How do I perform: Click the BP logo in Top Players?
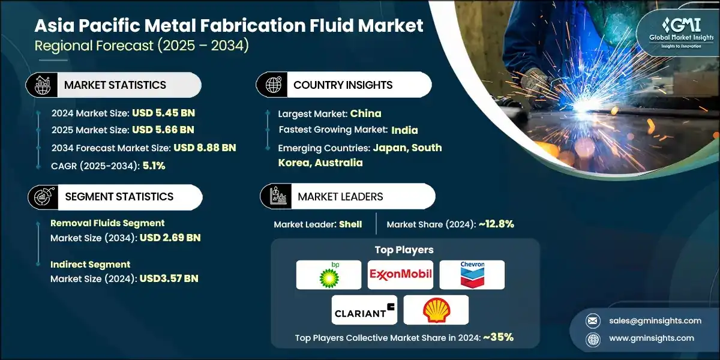coord(328,275)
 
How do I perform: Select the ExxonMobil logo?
coord(400,275)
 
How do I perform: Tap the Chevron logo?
coord(472,275)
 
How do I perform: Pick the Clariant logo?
coord(364,310)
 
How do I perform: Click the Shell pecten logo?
coord(436,310)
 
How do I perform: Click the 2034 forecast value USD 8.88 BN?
coord(205,148)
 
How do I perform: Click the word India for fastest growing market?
coord(404,130)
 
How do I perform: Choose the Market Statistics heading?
coord(115,85)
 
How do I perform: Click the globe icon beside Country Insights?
coord(272,85)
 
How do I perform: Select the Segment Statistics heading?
coord(119,197)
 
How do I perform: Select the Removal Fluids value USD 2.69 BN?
coord(170,238)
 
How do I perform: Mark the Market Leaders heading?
coord(340,197)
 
